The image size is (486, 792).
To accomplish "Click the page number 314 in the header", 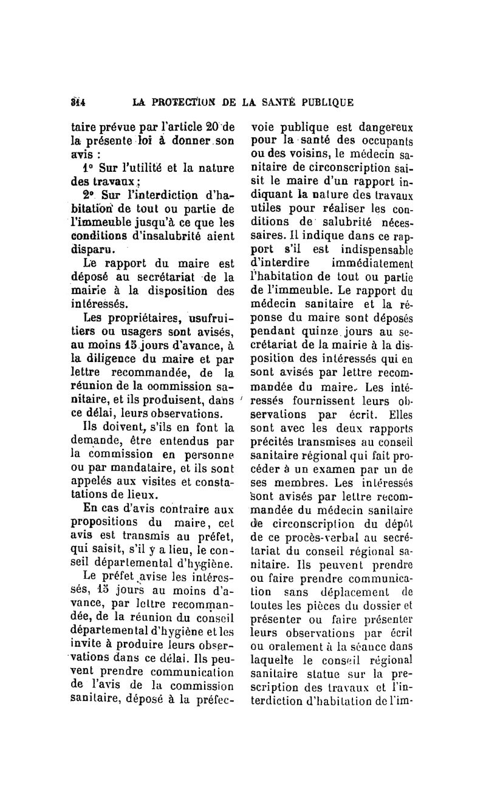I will (77, 101).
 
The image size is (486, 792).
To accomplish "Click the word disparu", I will (92, 250).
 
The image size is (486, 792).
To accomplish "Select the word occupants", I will (386, 142).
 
